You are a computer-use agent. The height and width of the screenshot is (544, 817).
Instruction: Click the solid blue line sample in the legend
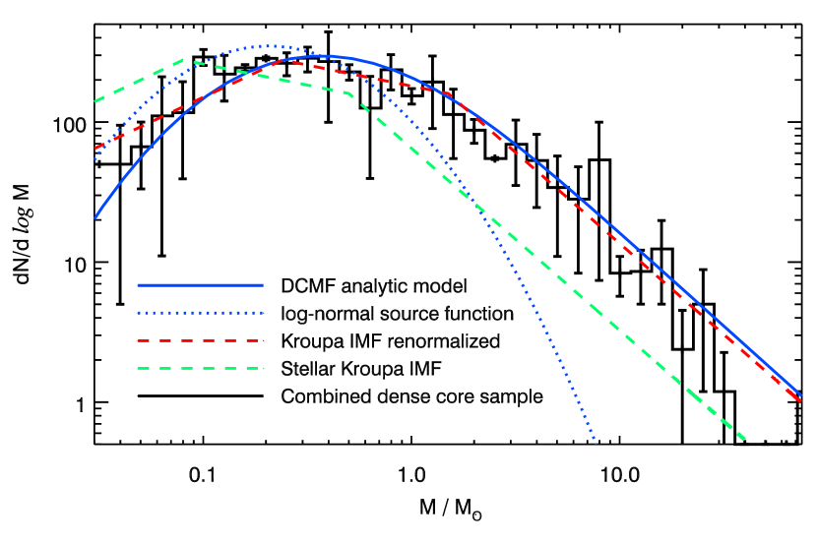pos(200,285)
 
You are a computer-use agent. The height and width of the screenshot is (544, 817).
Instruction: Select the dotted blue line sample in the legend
pos(200,313)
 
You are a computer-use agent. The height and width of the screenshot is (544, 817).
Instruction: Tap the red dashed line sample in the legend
pos(200,340)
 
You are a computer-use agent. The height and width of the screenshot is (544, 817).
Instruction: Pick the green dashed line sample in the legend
pos(200,368)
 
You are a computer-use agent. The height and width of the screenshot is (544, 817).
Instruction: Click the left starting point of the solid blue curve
pos(94,217)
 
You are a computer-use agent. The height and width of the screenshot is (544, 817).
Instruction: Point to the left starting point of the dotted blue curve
pos(94,159)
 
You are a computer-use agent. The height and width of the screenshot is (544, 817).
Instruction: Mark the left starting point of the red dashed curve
pos(94,149)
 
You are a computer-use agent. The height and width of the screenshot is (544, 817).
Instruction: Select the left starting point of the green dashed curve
pos(94,101)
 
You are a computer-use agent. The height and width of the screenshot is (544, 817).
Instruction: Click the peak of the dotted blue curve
pos(268,46)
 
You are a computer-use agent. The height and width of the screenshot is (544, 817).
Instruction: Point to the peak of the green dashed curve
pos(189,60)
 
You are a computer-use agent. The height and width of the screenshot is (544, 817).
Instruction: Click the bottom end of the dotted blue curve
pos(596,443)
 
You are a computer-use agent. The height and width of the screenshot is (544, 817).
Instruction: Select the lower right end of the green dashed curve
pos(745,439)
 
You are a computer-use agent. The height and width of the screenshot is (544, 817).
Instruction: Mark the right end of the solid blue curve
pos(800,395)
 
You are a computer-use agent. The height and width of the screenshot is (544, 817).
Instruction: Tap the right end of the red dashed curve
pos(800,400)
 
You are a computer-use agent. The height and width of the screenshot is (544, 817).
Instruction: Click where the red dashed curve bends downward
pos(451,95)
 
